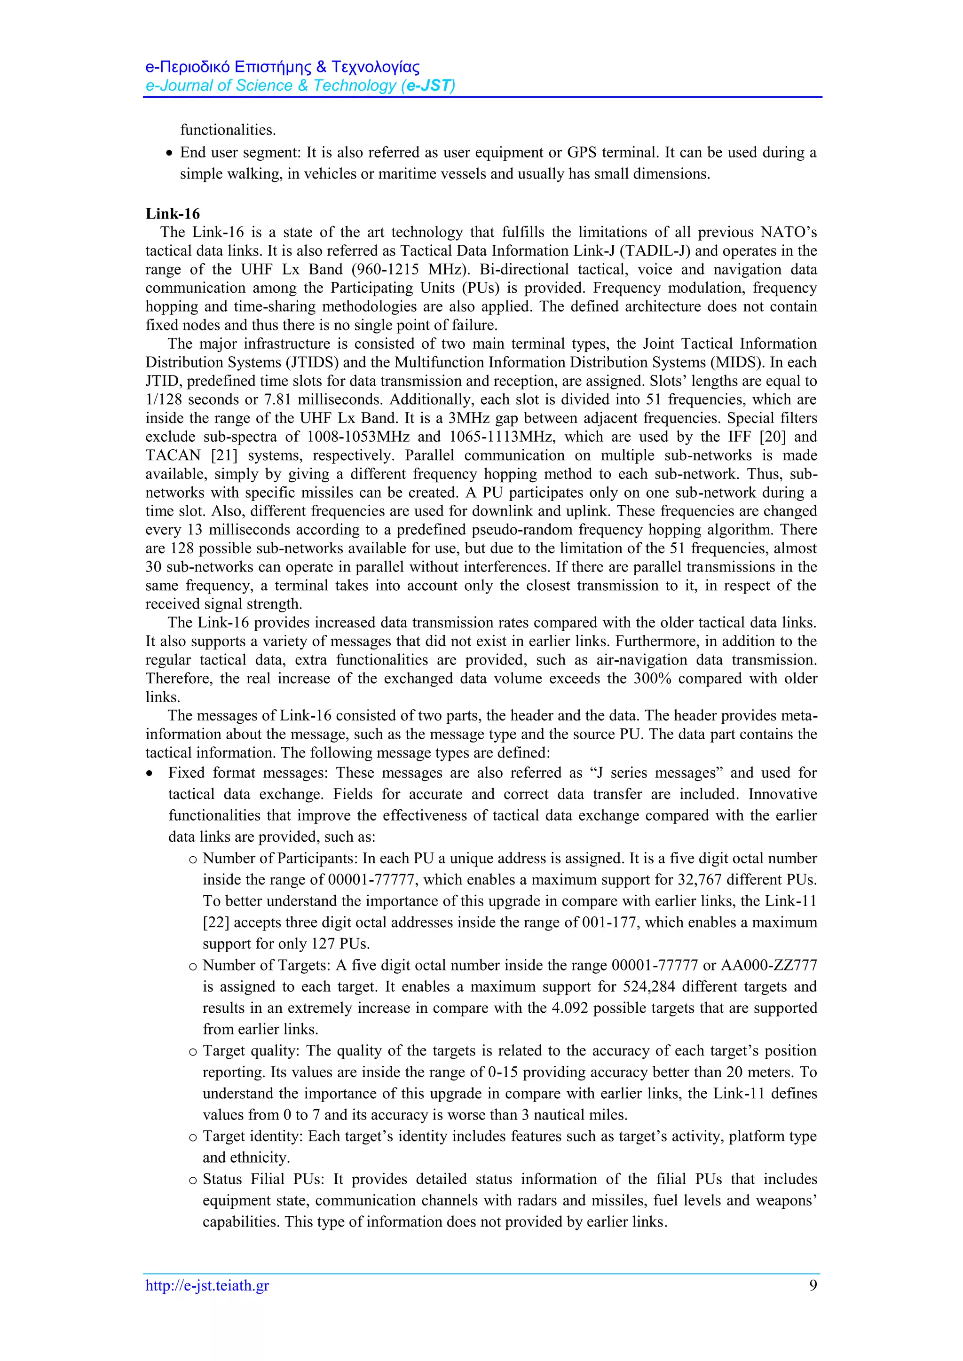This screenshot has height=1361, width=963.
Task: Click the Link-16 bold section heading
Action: pos(173,214)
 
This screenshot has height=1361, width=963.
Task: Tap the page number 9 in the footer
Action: pos(813,1285)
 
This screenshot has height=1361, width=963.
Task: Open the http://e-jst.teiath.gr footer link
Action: pos(207,1286)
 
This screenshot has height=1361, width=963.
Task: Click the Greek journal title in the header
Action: pos(282,66)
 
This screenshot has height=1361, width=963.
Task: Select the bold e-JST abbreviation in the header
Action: pos(428,86)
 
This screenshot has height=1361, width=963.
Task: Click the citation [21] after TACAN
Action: pos(225,455)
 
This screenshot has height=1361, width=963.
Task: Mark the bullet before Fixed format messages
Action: pos(150,774)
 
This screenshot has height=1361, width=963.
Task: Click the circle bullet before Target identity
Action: pos(193,1137)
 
